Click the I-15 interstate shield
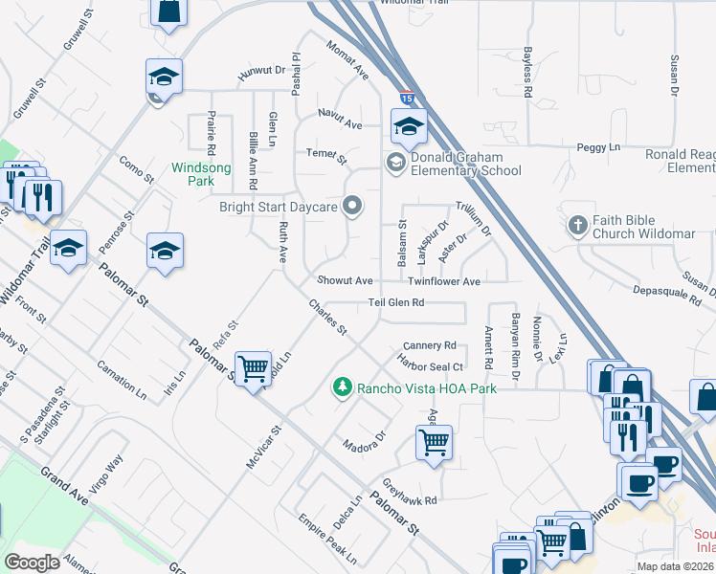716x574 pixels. tap(408, 98)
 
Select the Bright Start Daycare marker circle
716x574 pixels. tap(353, 205)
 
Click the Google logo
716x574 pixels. tap(33, 562)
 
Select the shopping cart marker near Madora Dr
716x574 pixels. tap(434, 443)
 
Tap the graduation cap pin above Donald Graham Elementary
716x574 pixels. tap(408, 125)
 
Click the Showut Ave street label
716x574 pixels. tap(345, 281)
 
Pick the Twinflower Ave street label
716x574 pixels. tap(443, 282)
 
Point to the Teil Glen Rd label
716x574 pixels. tap(396, 302)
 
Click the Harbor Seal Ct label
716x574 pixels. tap(431, 366)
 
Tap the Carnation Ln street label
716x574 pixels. tap(122, 381)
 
